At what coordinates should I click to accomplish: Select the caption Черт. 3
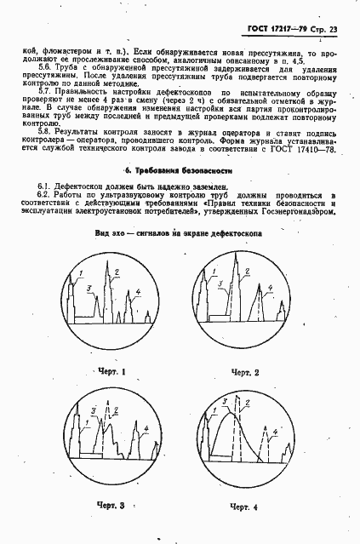point(111,507)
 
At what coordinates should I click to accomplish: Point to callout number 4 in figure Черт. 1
point(138,293)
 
